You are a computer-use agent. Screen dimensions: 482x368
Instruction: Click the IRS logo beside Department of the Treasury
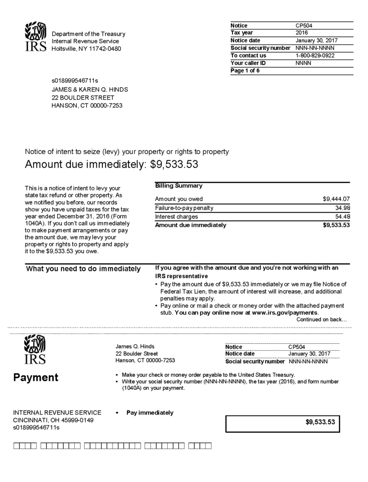tap(35, 37)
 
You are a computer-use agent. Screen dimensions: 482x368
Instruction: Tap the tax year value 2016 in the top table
tap(302, 33)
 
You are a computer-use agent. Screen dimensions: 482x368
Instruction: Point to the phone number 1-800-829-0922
tap(315, 56)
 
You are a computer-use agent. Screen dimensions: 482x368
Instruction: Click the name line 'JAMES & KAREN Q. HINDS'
tap(90, 90)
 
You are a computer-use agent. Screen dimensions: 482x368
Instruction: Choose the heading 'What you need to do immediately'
tap(83, 269)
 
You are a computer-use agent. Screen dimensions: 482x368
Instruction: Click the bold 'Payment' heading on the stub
tap(36, 378)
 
